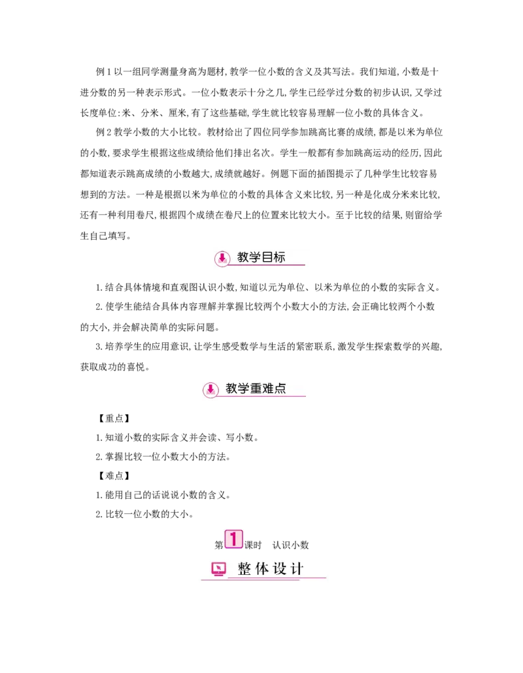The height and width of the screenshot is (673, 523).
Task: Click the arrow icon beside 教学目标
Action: click(222, 258)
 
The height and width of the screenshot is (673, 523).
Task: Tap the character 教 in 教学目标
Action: click(243, 257)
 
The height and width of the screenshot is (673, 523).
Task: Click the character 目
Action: click(267, 257)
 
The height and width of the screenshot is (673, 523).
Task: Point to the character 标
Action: click(279, 257)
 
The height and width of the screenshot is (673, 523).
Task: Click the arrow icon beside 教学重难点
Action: click(211, 390)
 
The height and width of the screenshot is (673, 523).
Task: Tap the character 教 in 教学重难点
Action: click(231, 388)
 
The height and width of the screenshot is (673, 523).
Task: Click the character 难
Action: click(268, 388)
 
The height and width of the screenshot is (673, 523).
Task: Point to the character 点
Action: click(280, 388)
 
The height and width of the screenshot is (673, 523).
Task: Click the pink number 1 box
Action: click(233, 539)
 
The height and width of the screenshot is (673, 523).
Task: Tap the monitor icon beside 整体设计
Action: click(219, 569)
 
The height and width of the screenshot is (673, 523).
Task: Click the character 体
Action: click(262, 569)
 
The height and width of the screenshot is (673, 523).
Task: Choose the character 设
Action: click(280, 569)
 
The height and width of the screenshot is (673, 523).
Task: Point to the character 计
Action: click(297, 569)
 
